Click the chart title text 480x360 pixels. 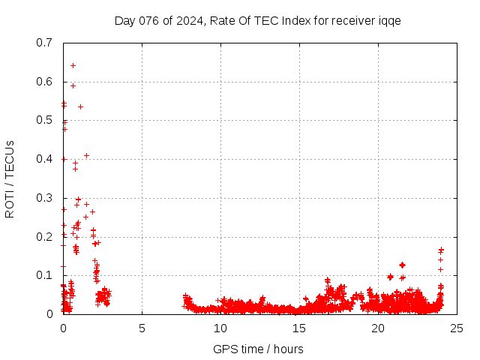click(x=257, y=20)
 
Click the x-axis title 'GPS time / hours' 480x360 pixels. click(x=258, y=349)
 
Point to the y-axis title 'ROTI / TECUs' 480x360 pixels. click(x=10, y=178)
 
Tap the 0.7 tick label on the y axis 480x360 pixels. click(x=44, y=43)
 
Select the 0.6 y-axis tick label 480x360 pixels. click(x=44, y=82)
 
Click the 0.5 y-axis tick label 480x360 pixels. click(x=44, y=120)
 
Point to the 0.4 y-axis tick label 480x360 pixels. click(x=44, y=159)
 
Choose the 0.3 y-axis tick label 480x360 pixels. click(x=44, y=198)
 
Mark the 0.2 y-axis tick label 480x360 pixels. click(x=44, y=237)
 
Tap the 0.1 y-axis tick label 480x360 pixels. click(x=44, y=275)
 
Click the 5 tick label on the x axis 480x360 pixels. click(x=142, y=328)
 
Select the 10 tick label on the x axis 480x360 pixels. click(x=220, y=328)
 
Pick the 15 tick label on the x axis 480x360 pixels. click(x=299, y=328)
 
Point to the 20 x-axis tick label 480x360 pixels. click(x=378, y=328)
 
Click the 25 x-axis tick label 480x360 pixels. click(x=457, y=328)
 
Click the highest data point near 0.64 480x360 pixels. click(x=73, y=65)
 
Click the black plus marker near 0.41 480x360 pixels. click(x=86, y=155)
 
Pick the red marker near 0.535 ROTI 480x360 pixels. click(x=80, y=106)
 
